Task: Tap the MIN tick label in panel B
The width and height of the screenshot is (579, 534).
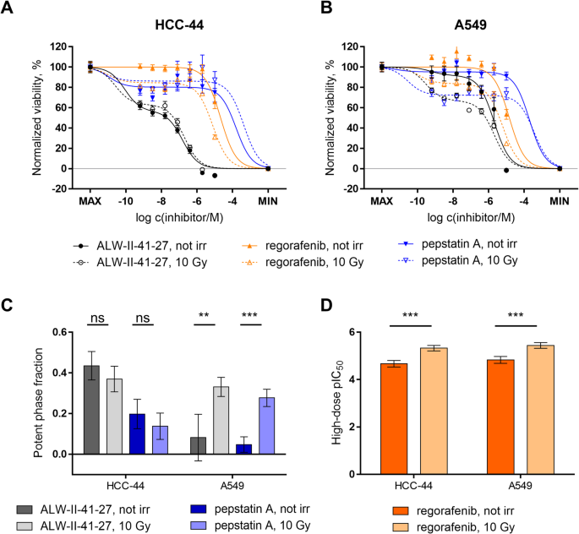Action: click(x=559, y=203)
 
